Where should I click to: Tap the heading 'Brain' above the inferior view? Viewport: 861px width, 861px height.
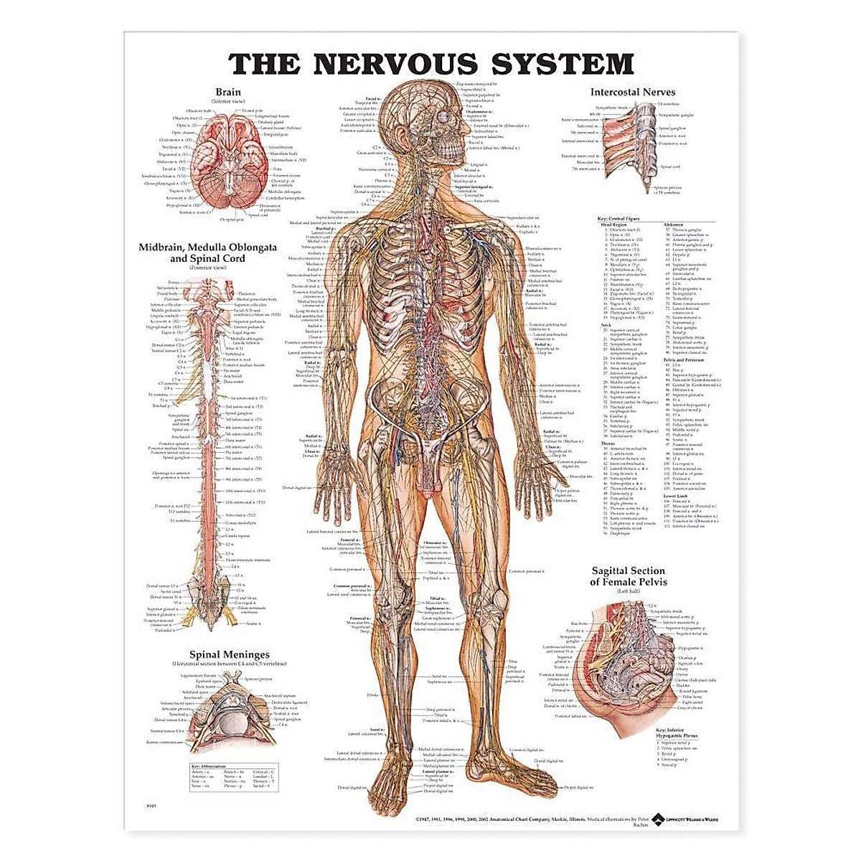[228, 92]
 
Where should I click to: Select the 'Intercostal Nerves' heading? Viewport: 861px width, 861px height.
[632, 92]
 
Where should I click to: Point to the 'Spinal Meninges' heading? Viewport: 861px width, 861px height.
[229, 654]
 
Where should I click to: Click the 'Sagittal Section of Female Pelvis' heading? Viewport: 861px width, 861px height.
[629, 576]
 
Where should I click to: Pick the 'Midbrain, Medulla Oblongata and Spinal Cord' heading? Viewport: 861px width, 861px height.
[228, 253]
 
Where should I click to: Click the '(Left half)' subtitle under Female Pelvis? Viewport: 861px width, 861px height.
[629, 591]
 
